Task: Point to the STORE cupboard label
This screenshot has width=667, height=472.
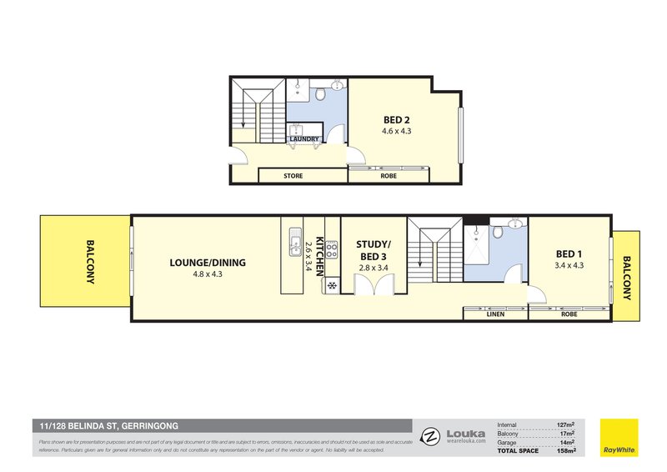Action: pyautogui.click(x=293, y=176)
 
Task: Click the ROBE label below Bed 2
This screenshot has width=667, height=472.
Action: pyautogui.click(x=389, y=176)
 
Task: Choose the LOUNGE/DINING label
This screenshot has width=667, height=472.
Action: pyautogui.click(x=208, y=263)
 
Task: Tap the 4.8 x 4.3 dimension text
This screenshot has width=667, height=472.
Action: pyautogui.click(x=208, y=274)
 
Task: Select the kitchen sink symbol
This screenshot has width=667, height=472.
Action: pyautogui.click(x=293, y=244)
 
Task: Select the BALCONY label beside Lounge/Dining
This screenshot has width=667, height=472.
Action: pyautogui.click(x=90, y=263)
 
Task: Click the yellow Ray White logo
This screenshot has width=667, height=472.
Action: pyautogui.click(x=619, y=438)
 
